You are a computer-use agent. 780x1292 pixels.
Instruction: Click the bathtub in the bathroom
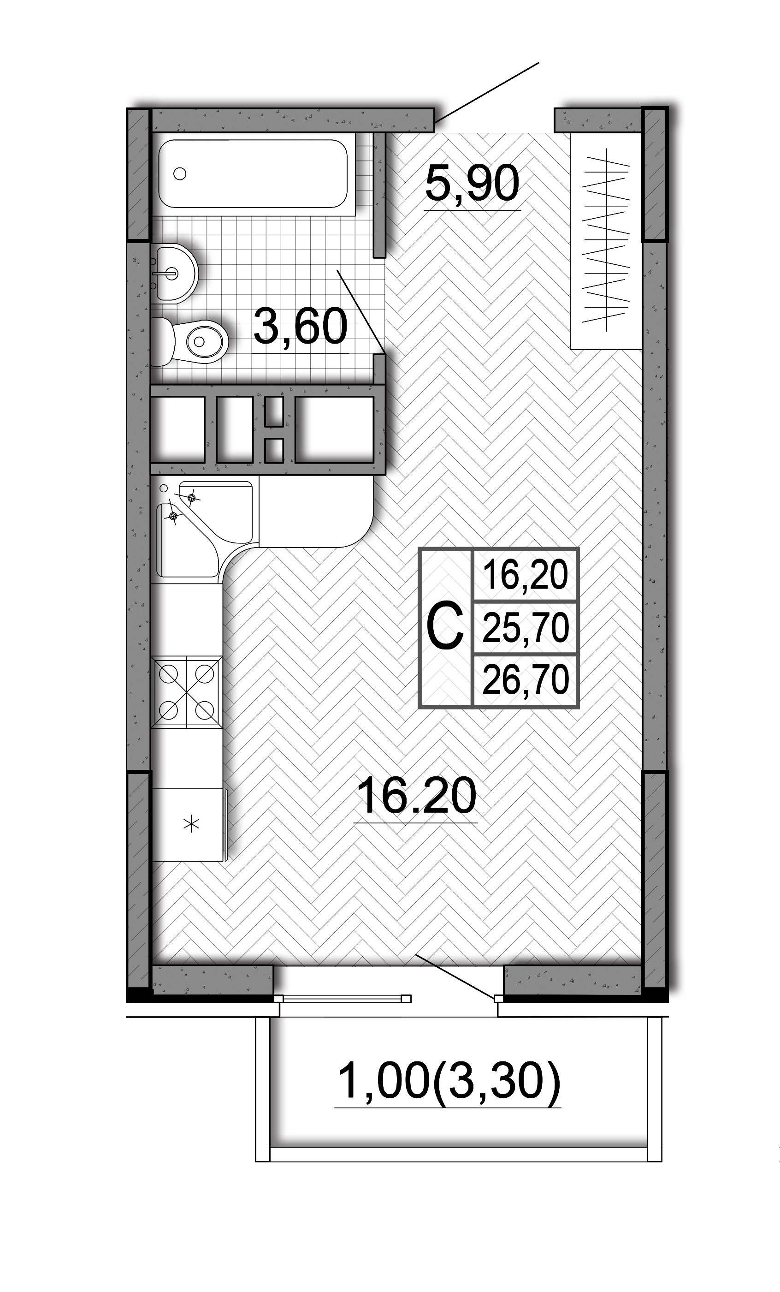[x=253, y=173]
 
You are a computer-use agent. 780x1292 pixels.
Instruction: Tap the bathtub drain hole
[x=180, y=173]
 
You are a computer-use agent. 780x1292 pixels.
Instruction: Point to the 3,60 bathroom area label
[x=301, y=326]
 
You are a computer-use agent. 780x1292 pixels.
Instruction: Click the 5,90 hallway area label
[x=472, y=183]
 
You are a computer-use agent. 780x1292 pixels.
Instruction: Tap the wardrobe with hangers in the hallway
[x=606, y=241]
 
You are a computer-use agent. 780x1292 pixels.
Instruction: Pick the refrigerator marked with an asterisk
[x=190, y=824]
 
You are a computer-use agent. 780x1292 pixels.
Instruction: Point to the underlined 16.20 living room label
[x=416, y=796]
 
